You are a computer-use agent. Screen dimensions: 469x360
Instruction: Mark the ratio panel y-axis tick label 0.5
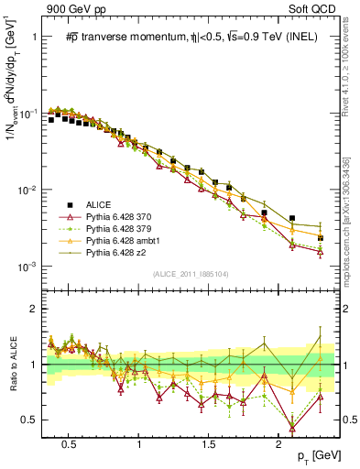pos(30,420)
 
